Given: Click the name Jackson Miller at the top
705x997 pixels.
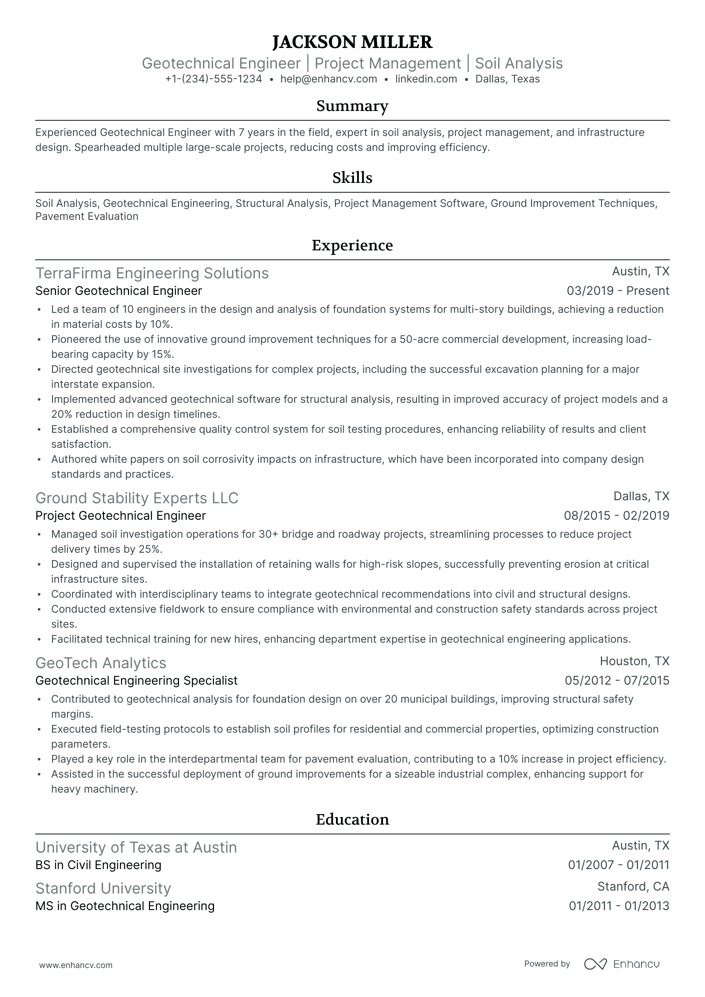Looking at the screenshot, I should click(352, 42).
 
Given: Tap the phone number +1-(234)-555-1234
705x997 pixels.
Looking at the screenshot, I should click(213, 79).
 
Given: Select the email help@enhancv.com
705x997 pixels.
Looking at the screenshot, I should click(328, 79).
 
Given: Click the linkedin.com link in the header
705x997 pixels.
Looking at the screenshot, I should click(426, 79).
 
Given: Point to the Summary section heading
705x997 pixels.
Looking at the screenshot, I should click(352, 106).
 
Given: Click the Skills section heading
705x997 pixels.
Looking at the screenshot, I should click(352, 178).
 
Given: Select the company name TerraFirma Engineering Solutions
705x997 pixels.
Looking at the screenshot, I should click(152, 273).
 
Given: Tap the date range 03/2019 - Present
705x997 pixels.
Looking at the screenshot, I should click(617, 291).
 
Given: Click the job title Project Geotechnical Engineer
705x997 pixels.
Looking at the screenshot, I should click(120, 516).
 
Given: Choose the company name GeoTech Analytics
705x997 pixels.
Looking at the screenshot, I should click(100, 663).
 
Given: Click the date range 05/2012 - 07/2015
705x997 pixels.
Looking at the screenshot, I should click(616, 681).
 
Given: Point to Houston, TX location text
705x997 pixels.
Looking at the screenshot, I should click(634, 661).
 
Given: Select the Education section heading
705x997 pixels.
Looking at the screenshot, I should click(352, 820).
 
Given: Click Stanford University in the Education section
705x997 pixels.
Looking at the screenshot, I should click(103, 889).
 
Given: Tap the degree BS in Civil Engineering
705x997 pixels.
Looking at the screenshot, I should click(98, 865).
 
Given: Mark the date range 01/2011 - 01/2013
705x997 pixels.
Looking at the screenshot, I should click(618, 906).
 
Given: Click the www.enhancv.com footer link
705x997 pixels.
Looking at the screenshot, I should click(75, 966).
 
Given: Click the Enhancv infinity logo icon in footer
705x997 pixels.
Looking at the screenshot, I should click(595, 964).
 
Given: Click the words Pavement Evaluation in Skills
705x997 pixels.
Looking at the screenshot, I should click(87, 216).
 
